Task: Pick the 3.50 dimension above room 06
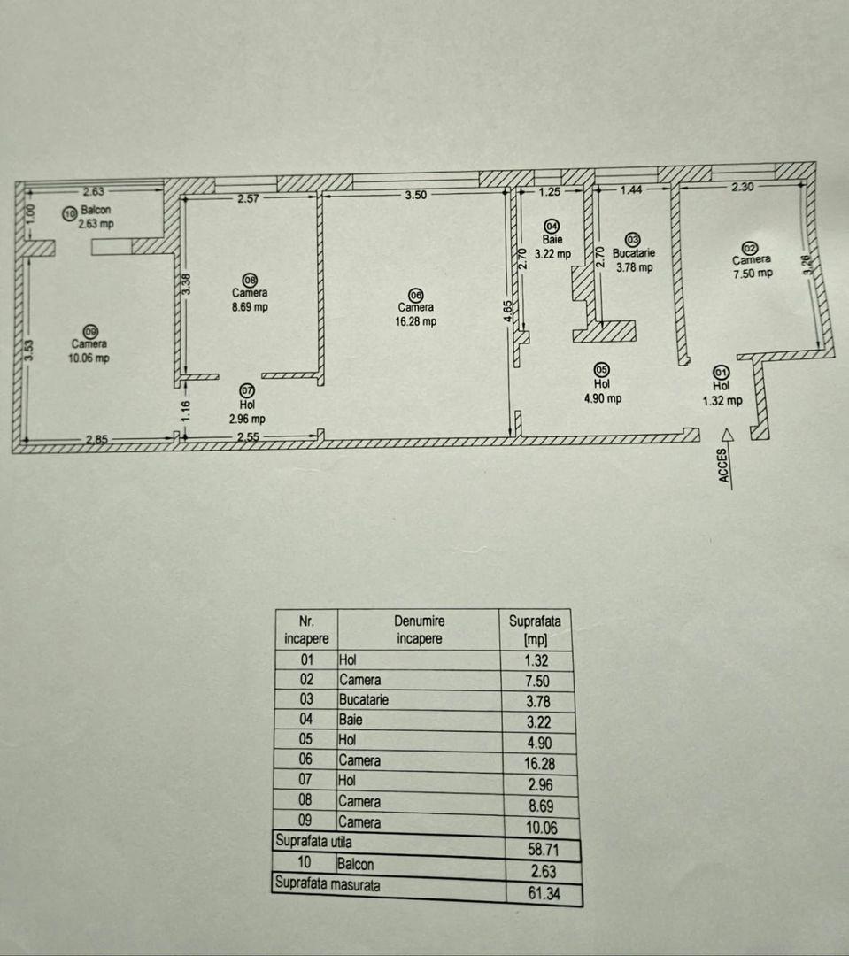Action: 416,196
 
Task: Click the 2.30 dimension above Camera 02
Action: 742,188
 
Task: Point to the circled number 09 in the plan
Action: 89,331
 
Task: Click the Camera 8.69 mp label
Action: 250,300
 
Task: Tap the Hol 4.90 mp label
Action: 602,391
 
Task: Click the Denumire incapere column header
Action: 419,629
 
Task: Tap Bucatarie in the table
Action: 364,699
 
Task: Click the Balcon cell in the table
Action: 355,864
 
